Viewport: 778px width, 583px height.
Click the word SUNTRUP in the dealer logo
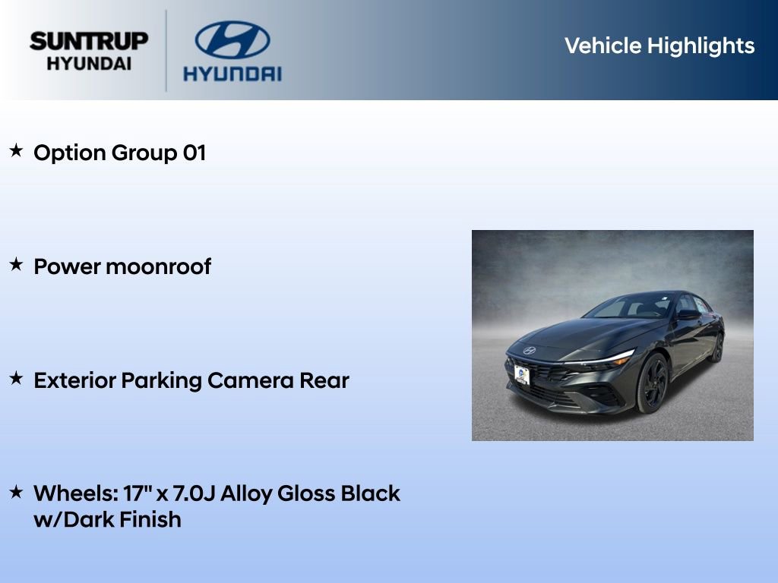[89, 41]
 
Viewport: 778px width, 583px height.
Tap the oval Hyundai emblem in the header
[232, 39]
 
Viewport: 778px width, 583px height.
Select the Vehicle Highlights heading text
[659, 46]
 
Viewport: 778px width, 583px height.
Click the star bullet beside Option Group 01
[16, 151]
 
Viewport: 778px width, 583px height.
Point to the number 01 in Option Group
[194, 153]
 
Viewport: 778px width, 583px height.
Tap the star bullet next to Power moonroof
[16, 265]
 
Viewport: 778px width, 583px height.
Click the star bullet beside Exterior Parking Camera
[16, 379]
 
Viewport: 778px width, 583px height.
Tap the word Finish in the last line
[150, 520]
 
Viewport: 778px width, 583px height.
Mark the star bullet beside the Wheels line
[16, 492]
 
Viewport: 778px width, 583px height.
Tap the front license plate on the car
[522, 374]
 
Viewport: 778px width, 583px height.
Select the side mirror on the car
[688, 314]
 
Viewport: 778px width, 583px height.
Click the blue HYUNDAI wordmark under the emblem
[232, 74]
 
